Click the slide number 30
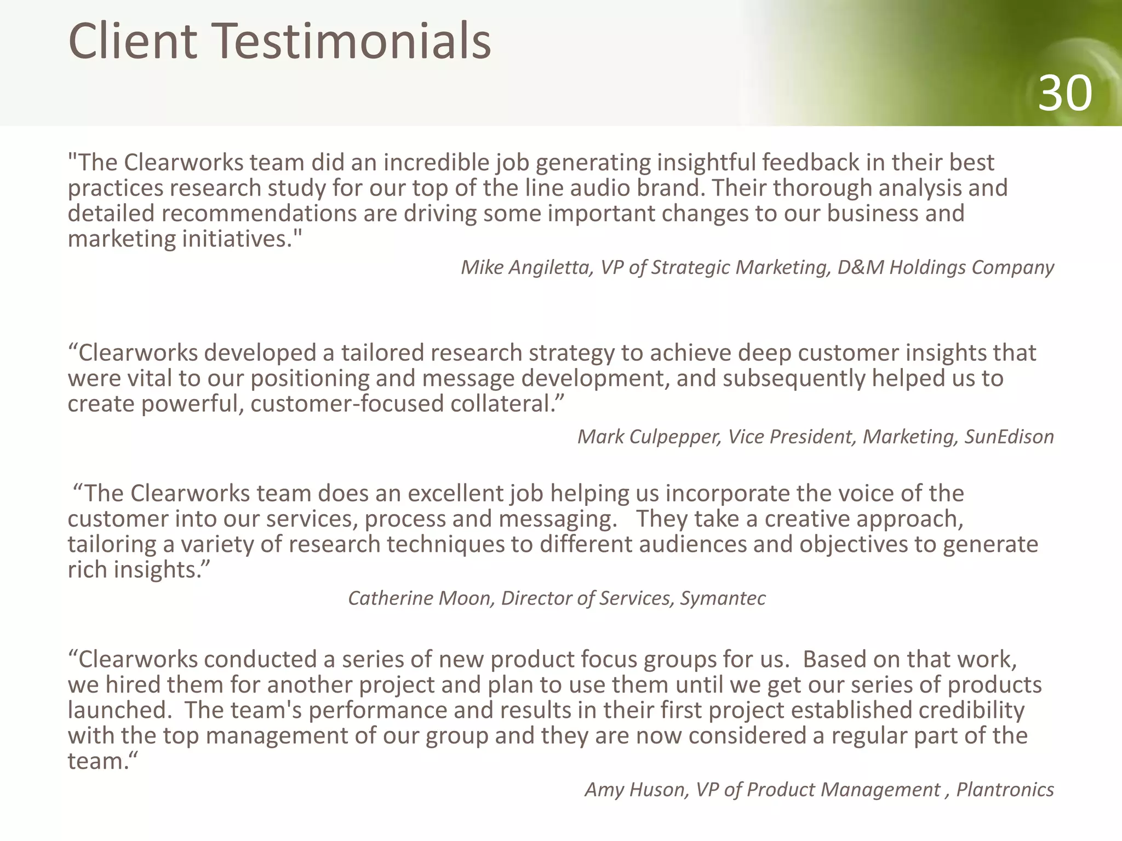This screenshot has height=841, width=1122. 1064,94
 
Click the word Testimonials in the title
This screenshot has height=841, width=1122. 351,41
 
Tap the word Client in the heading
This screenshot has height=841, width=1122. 132,41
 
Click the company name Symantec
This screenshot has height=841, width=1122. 723,598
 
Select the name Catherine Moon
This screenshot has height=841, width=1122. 421,598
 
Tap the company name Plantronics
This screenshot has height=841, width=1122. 1005,790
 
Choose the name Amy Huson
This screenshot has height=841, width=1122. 636,790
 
